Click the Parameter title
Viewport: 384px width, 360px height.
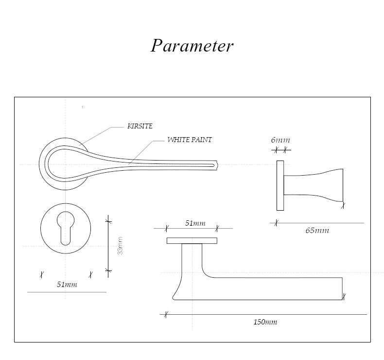pos(192,46)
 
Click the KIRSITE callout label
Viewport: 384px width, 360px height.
pos(140,126)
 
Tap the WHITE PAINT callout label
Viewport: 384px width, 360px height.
pos(190,140)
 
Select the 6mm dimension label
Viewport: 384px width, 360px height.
pos(280,140)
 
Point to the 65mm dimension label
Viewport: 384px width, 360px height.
pos(317,231)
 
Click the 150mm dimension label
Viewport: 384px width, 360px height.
pos(265,322)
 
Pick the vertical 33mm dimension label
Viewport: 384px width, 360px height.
pos(120,246)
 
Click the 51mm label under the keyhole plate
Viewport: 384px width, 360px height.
pos(67,285)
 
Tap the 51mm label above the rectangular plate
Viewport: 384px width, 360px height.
pos(195,223)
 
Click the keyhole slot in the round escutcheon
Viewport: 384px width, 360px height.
pos(66,228)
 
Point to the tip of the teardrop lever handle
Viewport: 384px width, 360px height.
pos(217,165)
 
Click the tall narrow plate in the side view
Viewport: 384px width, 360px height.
pos(280,185)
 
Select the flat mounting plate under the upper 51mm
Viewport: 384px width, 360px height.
pos(192,241)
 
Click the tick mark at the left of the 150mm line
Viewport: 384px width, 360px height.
pos(166,314)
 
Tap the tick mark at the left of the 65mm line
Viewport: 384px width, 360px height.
pos(276,223)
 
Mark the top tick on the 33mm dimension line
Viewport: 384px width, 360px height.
pos(108,221)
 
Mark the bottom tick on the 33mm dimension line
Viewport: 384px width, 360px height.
pos(108,271)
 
